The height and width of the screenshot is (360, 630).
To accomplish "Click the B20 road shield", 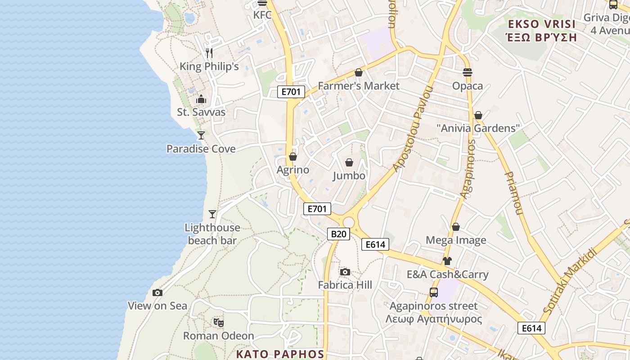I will click(338, 234).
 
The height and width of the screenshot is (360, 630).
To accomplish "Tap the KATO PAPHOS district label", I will click(280, 354).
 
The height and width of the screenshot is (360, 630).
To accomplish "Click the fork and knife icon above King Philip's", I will click(209, 53).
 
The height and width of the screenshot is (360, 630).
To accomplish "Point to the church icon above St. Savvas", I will click(201, 99).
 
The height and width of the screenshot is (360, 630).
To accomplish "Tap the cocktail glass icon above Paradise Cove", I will click(201, 135).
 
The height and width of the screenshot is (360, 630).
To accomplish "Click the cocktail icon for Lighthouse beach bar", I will click(212, 214).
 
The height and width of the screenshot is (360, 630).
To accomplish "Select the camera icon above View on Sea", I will click(157, 292).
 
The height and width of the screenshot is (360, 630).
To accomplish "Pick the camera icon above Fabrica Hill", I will click(345, 272).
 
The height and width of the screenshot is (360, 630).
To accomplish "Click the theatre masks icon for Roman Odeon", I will click(219, 322).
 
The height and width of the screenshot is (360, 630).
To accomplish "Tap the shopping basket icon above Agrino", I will click(293, 157).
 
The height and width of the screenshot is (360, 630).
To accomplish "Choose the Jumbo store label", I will click(349, 175).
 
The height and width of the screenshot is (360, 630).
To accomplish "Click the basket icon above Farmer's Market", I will click(359, 72).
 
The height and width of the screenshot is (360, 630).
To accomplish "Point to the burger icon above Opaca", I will click(468, 72).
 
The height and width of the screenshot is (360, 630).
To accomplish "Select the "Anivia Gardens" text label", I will click(478, 128).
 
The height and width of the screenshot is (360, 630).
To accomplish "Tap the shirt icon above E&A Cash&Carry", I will click(447, 261).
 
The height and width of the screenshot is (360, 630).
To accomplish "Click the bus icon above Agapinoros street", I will click(434, 292).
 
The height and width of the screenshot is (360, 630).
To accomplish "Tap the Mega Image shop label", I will click(456, 240).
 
